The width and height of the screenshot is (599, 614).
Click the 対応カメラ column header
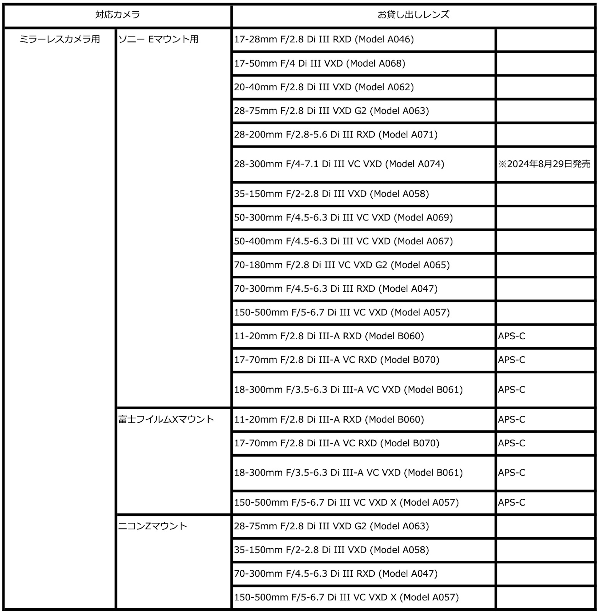point(117,15)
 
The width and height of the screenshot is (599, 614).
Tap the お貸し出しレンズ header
point(413,15)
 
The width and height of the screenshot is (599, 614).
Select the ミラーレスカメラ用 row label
point(60,39)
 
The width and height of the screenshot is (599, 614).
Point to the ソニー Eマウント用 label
point(159,39)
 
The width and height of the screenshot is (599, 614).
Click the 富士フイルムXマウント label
point(166,419)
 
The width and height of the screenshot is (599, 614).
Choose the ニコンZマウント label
point(153,526)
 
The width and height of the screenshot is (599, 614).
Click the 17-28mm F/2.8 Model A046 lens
point(324,39)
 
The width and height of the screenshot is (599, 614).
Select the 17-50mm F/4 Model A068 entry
point(320,63)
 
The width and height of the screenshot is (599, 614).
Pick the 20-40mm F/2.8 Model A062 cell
point(324,87)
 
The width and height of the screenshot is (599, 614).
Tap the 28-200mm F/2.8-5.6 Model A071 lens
point(336,135)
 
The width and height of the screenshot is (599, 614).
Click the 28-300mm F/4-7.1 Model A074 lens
point(339,164)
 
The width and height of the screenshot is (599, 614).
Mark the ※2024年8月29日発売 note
point(544,164)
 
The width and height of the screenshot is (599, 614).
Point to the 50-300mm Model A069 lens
point(343,218)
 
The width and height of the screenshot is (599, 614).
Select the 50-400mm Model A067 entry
point(343,241)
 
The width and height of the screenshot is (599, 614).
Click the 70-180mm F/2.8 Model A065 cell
point(342,265)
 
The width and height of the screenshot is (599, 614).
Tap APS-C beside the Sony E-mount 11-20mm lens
point(512,336)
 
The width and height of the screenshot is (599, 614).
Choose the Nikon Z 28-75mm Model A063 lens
point(331,526)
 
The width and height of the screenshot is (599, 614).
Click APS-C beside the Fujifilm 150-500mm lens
point(512,502)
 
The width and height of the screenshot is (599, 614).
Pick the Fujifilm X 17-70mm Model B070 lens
point(336,443)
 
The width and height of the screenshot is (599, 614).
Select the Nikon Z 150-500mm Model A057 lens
point(346,597)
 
